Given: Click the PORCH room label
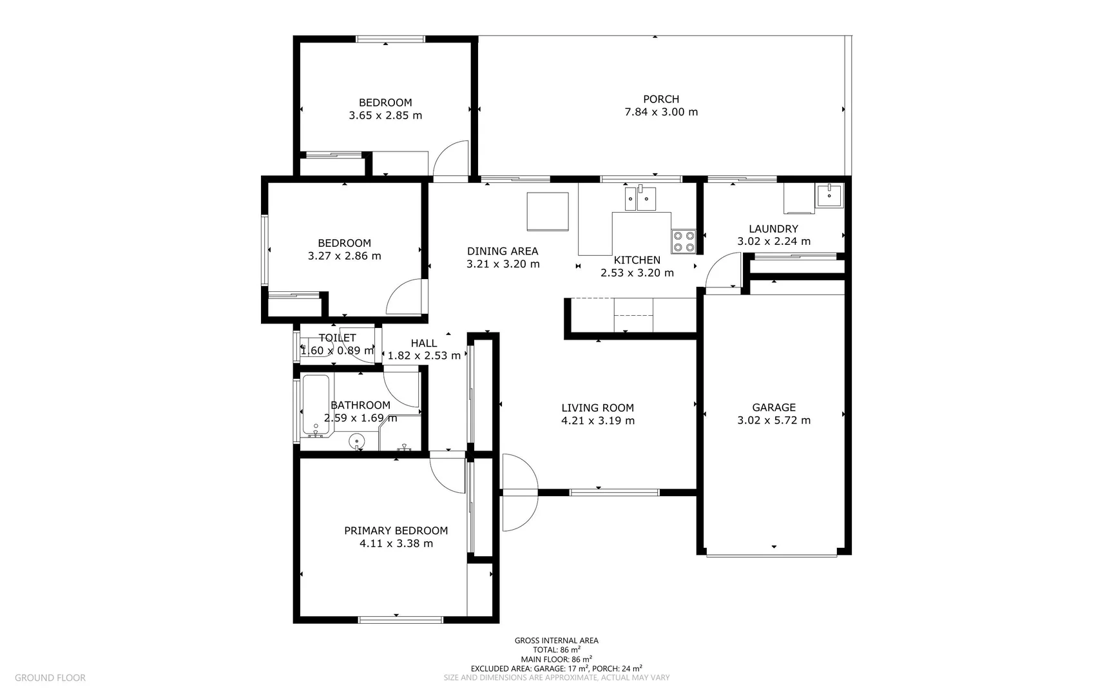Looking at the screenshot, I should click(661, 99).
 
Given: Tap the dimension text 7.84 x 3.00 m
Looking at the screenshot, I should click(661, 112).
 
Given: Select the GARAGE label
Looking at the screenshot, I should click(774, 407).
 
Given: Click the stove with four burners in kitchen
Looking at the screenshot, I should click(684, 241).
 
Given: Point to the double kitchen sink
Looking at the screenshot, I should click(640, 198).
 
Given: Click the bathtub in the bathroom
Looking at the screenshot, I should click(316, 405).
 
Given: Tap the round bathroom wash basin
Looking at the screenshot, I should click(356, 441).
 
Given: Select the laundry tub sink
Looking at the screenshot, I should click(829, 195).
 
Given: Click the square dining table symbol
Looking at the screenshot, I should click(548, 211).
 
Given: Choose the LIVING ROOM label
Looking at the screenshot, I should click(597, 408).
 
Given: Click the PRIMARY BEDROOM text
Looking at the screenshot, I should click(396, 531).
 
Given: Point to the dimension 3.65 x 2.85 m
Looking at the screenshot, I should click(385, 116).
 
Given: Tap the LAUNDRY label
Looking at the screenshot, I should click(773, 229).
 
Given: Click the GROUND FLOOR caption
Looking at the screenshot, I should click(50, 678).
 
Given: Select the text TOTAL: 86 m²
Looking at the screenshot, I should click(556, 650).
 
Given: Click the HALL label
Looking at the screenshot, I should click(424, 343).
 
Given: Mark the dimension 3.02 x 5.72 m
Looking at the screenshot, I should click(774, 421).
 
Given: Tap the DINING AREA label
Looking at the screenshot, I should click(503, 251).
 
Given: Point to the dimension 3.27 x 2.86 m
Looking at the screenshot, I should click(344, 256).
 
